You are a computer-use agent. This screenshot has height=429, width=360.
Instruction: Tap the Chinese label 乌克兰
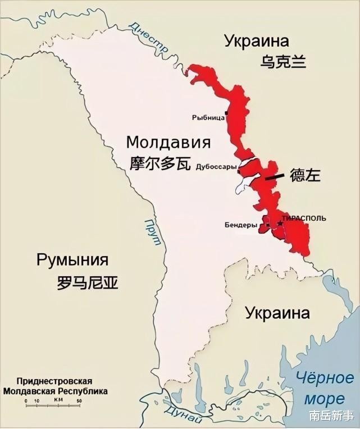pyautogui.click(x=283, y=61)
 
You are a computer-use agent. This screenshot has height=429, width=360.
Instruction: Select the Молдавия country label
pyautogui.click(x=168, y=142)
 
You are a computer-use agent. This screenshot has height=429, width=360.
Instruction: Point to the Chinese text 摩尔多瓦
pyautogui.click(x=161, y=163)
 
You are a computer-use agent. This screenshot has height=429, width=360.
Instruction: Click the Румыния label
pyautogui.click(x=72, y=260)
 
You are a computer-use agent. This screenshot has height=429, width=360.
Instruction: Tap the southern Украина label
pyautogui.click(x=277, y=313)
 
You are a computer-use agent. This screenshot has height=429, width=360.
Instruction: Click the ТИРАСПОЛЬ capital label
pyautogui.click(x=304, y=217)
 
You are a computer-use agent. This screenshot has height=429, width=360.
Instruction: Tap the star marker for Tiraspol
pyautogui.click(x=280, y=223)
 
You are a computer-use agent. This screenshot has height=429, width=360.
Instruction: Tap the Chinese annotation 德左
pyautogui.click(x=305, y=175)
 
